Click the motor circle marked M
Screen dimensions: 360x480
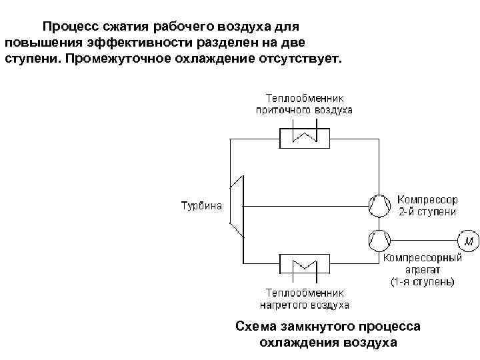(x=467, y=239)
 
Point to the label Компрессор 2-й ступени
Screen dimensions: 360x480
(x=427, y=205)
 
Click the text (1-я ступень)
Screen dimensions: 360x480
(x=423, y=282)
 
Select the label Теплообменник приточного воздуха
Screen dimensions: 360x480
(x=305, y=105)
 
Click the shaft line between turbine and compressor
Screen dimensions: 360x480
(x=307, y=205)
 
